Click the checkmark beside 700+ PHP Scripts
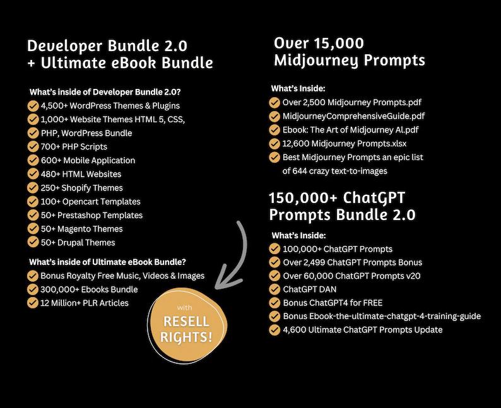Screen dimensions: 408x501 click(33, 147)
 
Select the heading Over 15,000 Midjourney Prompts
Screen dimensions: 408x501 click(349, 52)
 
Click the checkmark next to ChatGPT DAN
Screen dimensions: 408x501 click(274, 289)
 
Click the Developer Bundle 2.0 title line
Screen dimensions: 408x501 click(107, 46)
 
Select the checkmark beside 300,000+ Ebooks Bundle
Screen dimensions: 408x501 click(33, 289)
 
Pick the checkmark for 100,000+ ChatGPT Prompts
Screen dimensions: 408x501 click(274, 249)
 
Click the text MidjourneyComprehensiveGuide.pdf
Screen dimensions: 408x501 click(354, 116)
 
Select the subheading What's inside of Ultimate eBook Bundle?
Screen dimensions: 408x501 click(111, 262)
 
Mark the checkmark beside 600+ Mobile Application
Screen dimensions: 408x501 click(33, 160)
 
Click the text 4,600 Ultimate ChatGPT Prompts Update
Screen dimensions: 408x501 click(363, 330)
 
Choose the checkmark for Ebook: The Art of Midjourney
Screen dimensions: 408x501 click(274, 130)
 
